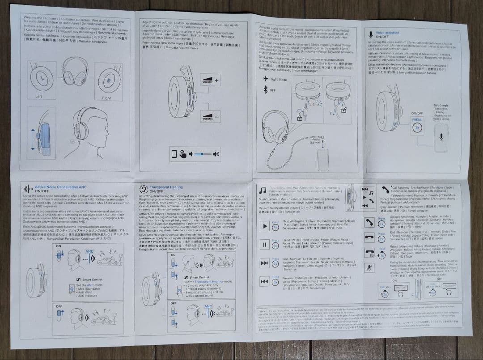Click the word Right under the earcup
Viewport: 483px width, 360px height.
106,98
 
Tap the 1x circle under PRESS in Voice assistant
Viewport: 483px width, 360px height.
417,127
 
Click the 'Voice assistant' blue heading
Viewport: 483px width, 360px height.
387,33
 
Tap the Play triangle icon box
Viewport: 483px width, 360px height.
264,226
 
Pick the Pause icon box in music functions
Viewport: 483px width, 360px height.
264,245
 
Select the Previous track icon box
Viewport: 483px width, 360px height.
264,282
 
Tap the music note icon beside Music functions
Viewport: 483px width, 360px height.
263,190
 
